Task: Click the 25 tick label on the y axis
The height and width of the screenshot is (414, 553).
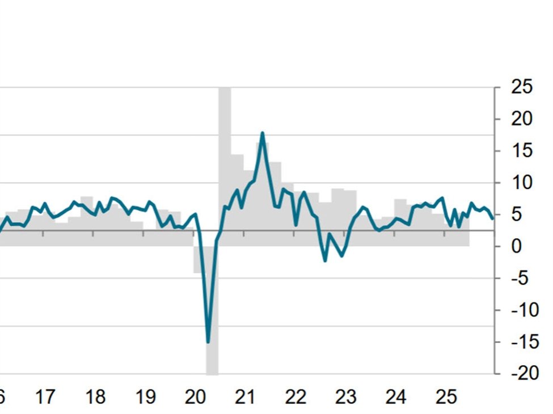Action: (522, 87)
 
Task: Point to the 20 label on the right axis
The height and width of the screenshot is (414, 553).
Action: (522, 119)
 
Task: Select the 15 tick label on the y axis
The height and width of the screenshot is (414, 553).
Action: (522, 151)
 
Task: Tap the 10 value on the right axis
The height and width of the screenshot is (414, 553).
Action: (522, 183)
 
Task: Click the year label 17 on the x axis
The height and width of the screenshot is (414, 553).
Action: (45, 397)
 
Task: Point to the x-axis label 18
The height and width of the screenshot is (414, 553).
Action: (95, 397)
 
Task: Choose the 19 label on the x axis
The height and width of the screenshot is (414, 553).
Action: (145, 397)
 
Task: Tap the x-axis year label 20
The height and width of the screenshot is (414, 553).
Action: (195, 397)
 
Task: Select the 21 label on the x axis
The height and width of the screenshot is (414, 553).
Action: (245, 397)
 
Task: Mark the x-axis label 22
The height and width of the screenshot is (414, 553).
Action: (296, 397)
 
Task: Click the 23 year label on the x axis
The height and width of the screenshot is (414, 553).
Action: (345, 397)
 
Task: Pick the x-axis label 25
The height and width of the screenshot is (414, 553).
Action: (446, 397)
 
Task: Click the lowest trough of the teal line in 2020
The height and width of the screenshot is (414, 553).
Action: (208, 342)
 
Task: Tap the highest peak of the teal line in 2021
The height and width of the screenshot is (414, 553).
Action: (262, 133)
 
